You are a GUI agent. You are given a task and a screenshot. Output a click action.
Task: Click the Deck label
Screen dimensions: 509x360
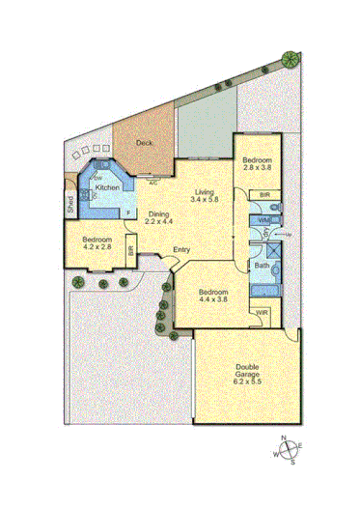[144, 143]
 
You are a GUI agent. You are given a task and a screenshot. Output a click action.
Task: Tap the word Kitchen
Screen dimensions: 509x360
[107, 187]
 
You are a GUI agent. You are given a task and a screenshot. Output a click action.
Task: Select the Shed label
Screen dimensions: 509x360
[70, 204]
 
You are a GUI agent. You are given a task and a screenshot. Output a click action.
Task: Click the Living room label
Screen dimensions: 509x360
[204, 192]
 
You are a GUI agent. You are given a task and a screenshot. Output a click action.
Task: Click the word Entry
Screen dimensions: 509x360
[181, 251]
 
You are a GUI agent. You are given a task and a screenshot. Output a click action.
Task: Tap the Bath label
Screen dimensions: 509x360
[261, 265]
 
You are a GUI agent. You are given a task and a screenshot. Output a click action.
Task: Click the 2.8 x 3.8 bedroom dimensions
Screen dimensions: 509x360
[258, 167]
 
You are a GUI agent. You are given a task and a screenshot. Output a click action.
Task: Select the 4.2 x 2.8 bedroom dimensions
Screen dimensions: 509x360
[97, 247]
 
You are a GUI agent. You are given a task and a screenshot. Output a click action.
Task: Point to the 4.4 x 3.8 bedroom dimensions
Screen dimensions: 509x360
[214, 299]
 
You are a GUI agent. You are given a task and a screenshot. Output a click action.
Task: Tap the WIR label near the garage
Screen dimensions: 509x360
[261, 313]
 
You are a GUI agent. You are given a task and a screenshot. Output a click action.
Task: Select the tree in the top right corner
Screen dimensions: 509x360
[289, 59]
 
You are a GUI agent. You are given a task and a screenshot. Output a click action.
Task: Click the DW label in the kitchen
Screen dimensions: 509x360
[98, 177]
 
